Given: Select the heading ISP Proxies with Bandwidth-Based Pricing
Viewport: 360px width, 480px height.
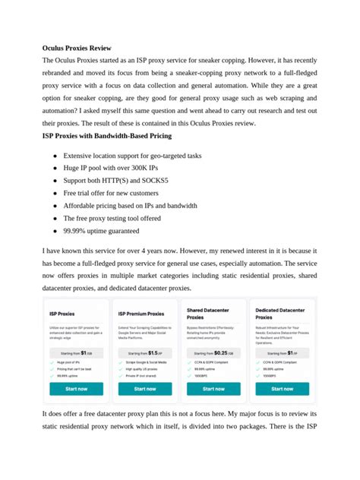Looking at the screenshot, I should coord(107,135).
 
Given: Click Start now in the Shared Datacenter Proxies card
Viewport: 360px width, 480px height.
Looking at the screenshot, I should coord(213,388).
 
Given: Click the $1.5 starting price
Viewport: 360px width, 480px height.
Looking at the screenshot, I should coord(153,352).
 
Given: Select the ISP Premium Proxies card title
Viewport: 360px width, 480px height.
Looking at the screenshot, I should coord(141,313).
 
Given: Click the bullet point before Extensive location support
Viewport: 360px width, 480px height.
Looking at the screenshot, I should coord(55,156).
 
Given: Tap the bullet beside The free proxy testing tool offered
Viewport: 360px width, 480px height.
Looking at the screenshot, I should coord(55,218).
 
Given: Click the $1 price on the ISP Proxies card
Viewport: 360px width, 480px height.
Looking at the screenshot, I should coord(84,352).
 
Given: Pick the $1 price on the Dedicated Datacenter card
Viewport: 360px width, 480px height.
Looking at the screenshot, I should coord(291,352).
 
